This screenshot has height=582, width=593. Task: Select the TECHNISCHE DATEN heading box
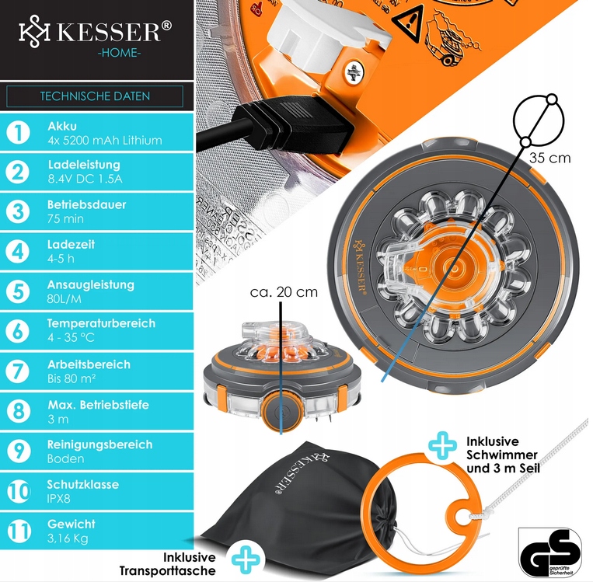tap(95, 96)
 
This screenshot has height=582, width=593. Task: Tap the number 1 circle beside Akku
tap(17, 132)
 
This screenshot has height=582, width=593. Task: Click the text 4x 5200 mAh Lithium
tap(104, 141)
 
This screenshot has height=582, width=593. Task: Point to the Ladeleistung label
tap(83, 165)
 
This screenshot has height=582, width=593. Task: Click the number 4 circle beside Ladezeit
tap(17, 252)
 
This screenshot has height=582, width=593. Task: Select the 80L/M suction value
tap(65, 298)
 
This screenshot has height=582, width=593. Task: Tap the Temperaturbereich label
tap(101, 323)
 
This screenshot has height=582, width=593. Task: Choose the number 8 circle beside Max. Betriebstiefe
tap(17, 411)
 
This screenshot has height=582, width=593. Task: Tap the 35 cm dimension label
tap(549, 158)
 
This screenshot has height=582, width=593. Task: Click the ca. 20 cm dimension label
tap(284, 292)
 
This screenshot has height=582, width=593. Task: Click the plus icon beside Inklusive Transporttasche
tap(247, 557)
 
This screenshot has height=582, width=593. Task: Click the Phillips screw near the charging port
tap(355, 73)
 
